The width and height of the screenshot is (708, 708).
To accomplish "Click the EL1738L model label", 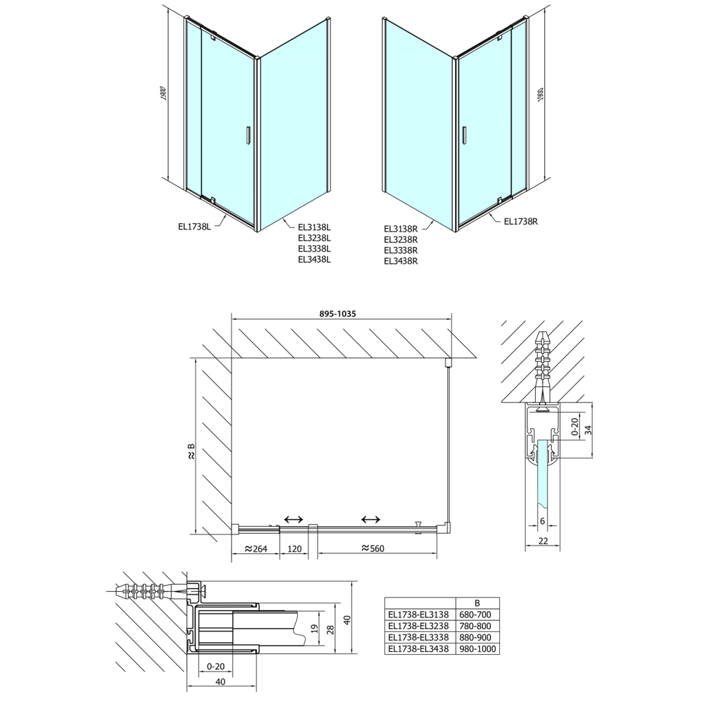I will tap(193, 224).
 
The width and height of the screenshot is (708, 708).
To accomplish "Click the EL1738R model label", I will tap(521, 221).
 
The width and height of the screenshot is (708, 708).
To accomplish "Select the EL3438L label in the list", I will tap(315, 260).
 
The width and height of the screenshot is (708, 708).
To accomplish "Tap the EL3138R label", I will tap(400, 229).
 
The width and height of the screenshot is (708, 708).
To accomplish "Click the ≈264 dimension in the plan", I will tap(254, 549).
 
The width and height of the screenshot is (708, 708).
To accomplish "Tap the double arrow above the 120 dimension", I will tap(293, 519).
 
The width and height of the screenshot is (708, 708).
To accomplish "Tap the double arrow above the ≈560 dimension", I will tap(371, 519).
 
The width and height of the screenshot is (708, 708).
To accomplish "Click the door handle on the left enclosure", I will tap(245, 136).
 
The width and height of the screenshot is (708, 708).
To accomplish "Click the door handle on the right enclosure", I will tap(465, 136).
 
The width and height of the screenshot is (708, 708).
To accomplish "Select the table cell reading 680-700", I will tap(477, 613).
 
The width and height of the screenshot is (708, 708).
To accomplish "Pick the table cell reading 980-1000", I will tap(477, 649).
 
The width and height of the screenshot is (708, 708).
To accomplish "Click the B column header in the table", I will tap(477, 602).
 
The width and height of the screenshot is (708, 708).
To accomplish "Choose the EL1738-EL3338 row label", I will tap(418, 637).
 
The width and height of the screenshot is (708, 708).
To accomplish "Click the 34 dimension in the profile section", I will tap(588, 430).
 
